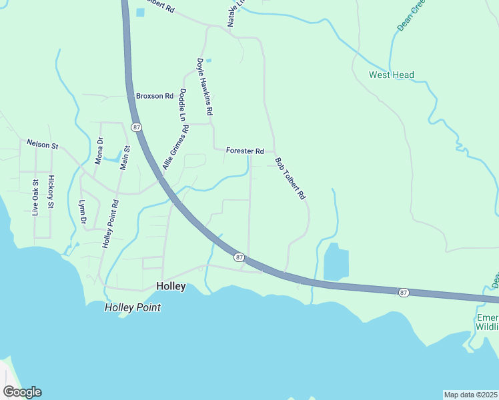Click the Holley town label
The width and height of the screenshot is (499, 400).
point(170,285)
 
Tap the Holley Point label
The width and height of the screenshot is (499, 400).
point(133,307)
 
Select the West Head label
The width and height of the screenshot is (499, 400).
point(392,75)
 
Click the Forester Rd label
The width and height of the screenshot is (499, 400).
point(245,151)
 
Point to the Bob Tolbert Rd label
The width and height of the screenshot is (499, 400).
point(290,179)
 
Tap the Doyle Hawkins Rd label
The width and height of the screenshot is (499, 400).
point(204,89)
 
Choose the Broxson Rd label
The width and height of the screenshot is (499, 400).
point(155,96)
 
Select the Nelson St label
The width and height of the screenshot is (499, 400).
point(43,143)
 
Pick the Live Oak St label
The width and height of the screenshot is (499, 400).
point(36,197)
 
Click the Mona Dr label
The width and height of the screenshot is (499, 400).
point(100,151)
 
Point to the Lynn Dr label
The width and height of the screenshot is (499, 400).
point(83,211)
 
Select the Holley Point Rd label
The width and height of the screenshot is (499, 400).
point(110,224)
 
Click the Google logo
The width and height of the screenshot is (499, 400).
point(22,392)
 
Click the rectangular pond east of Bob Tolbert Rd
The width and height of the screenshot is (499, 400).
point(336,262)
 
